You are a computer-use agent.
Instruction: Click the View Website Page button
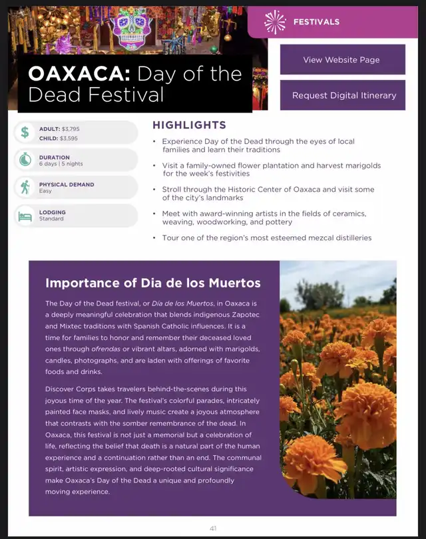tap(342, 59)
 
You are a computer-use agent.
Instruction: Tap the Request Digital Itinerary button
tap(342, 95)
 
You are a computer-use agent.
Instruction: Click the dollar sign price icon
tap(25, 132)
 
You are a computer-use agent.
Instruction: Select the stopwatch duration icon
tap(25, 160)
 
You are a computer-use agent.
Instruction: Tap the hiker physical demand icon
tap(25, 188)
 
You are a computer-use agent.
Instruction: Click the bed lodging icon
tap(25, 216)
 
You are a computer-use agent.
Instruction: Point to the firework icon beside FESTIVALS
tap(274, 22)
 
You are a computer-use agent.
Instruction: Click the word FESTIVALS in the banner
tap(316, 22)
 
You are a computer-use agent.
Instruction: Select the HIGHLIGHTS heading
tap(189, 125)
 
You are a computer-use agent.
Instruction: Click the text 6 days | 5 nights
tap(61, 164)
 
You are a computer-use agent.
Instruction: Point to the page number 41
tap(213, 528)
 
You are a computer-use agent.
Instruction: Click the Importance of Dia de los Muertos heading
tap(152, 283)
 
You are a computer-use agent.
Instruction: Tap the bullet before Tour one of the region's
tap(154, 238)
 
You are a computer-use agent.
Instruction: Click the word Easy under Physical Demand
tap(45, 191)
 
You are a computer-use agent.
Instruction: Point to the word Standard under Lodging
tap(51, 219)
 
